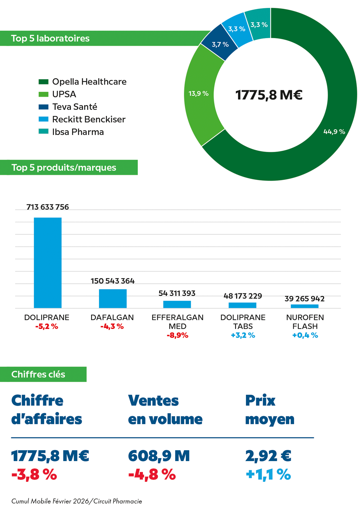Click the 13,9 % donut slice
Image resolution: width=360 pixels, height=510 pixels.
[199, 94]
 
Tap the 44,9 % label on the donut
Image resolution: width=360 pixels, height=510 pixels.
[334, 132]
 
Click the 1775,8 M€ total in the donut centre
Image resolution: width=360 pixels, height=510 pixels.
[269, 95]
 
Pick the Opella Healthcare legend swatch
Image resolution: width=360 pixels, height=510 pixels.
[43, 82]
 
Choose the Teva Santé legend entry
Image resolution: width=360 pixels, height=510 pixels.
[75, 107]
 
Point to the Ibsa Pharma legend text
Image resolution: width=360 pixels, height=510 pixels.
[78, 132]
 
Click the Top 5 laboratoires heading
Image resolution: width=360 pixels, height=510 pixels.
[50, 39]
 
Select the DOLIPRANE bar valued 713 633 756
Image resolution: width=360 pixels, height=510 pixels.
[48, 263]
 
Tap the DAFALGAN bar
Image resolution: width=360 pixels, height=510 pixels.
[113, 298]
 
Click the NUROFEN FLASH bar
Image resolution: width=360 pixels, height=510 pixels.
[305, 306]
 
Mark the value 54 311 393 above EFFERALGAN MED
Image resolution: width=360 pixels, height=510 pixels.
[177, 293]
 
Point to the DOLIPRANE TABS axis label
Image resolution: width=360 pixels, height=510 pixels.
[243, 322]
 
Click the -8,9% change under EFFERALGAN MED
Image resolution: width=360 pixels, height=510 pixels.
[177, 335]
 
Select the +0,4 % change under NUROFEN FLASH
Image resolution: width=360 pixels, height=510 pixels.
[305, 335]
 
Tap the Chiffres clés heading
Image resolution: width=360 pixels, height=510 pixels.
[38, 374]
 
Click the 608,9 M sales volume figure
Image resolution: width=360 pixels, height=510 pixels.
[159, 456]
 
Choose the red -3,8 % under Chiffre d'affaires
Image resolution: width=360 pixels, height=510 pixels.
[34, 475]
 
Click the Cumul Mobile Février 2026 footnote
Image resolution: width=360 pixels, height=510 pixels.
[77, 501]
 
